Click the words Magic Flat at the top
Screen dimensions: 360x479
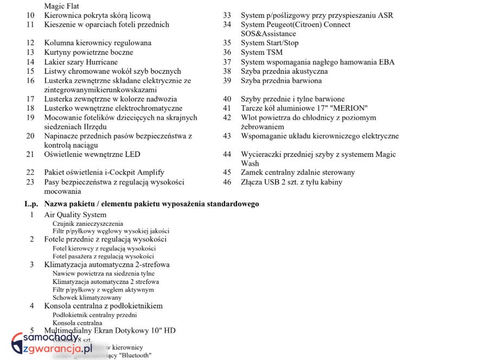coord(61,6)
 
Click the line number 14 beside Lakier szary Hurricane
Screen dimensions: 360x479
coord(30,62)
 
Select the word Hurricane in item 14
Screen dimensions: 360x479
coord(101,62)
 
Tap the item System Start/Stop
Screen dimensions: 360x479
coord(270,43)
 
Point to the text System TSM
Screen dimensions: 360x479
coord(261,53)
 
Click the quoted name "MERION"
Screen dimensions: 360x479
coord(349,108)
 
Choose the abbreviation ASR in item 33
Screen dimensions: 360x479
coord(386,15)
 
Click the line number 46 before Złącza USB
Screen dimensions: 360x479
coord(227,182)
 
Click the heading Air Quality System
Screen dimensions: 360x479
coord(75,215)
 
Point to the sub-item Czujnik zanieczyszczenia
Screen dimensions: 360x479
coord(88,224)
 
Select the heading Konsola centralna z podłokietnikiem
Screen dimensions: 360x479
coord(103,306)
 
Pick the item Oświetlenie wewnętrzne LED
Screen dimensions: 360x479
coord(92,154)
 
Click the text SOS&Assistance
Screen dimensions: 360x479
coord(269,34)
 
